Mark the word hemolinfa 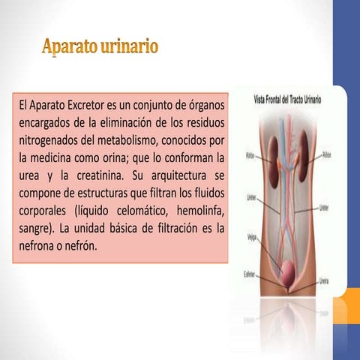[197, 211]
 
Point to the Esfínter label [252, 274]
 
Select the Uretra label [324, 283]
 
